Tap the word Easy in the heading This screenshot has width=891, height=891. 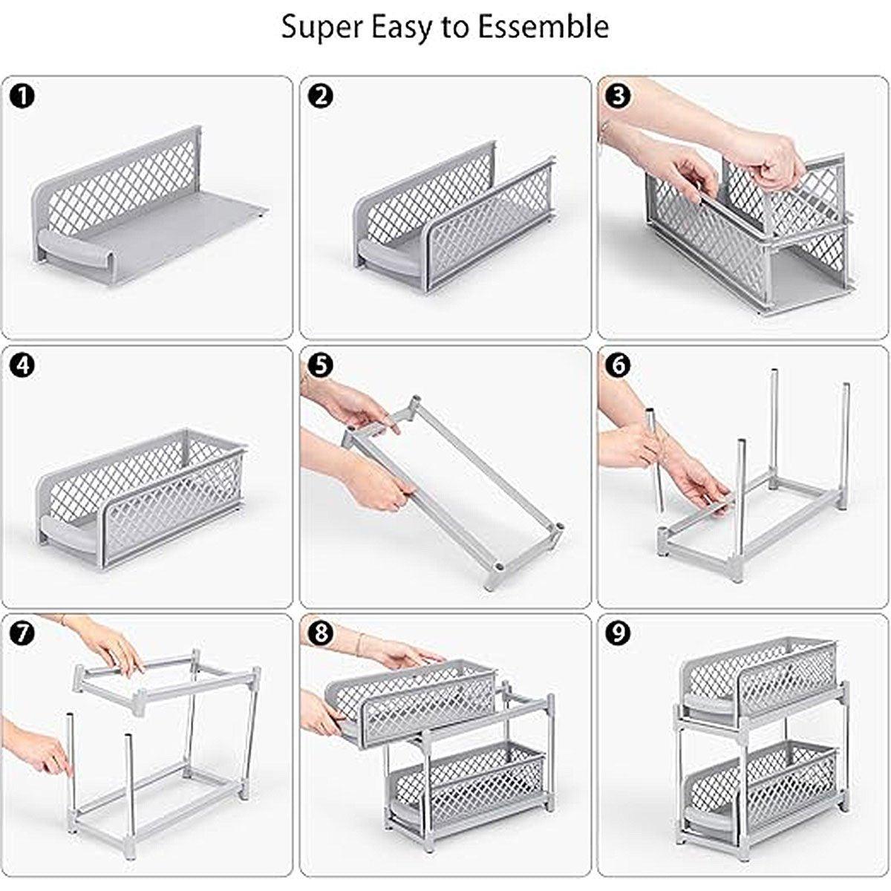click(x=397, y=28)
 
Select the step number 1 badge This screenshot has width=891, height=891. click(x=23, y=96)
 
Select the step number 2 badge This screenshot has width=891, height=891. click(x=321, y=96)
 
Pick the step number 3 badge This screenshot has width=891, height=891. click(x=618, y=96)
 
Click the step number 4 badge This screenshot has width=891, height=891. click(x=23, y=365)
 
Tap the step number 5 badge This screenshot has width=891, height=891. click(x=321, y=365)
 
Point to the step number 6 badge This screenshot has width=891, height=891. click(x=618, y=365)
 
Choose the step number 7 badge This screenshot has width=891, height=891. click(x=23, y=633)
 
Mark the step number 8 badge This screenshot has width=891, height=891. click(x=321, y=633)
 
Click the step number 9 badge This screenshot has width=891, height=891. click(x=618, y=633)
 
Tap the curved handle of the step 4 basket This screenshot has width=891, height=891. click(x=71, y=532)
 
